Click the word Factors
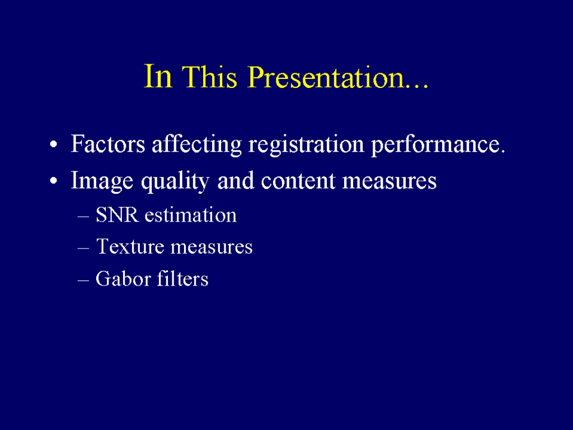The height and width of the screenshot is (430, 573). tap(108, 144)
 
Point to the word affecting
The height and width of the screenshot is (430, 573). tap(196, 145)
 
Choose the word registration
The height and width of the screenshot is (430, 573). tap(306, 145)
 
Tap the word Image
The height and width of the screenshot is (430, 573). tap(102, 181)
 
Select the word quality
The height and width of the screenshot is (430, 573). tap(175, 181)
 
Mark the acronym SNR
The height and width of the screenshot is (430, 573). tap(117, 214)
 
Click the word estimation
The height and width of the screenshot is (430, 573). tap(190, 214)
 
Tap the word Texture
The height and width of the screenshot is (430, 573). tap(130, 246)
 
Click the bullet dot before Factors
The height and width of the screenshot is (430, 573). tap(53, 145)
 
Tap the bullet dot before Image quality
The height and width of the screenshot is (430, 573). tap(53, 181)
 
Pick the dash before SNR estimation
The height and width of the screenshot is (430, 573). tap(83, 217)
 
